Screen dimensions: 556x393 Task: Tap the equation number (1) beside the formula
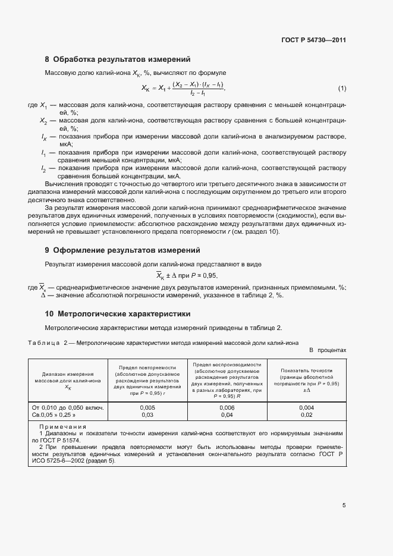(x=342, y=89)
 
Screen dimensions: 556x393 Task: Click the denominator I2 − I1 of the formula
(x=197, y=94)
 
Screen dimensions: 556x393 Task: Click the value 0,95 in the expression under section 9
(x=209, y=275)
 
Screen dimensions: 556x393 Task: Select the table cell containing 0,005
(x=147, y=407)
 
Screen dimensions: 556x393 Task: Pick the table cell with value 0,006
(x=227, y=407)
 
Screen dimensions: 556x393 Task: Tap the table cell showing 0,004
(x=307, y=407)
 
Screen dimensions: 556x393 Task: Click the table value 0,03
(x=147, y=414)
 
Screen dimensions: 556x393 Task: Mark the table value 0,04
(x=227, y=414)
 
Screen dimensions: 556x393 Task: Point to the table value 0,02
(x=307, y=414)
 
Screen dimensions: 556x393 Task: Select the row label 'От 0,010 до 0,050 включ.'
(x=68, y=407)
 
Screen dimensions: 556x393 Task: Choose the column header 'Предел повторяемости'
(x=147, y=367)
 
